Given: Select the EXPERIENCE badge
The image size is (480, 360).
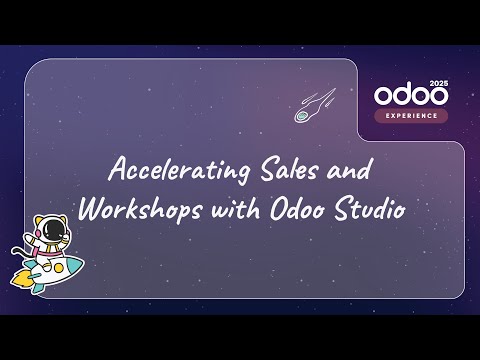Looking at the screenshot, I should pos(411,116).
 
